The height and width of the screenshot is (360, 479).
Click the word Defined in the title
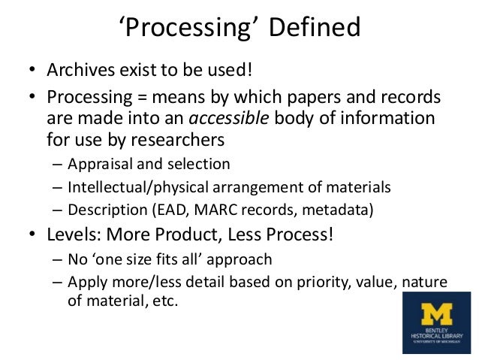(x=312, y=30)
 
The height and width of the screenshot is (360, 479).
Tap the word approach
(x=239, y=260)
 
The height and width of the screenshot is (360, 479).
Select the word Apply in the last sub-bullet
(x=84, y=282)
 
